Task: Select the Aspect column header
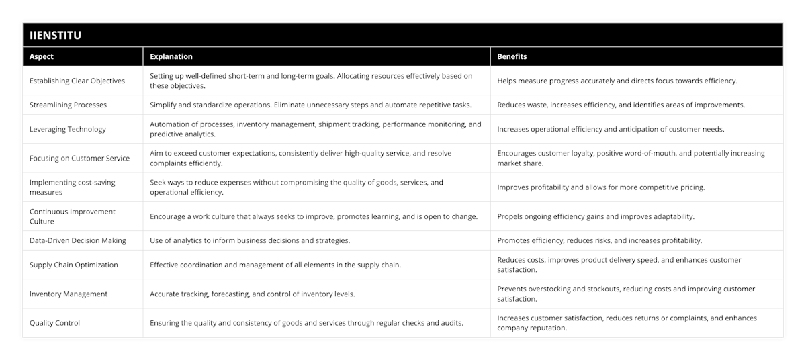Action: tap(42, 57)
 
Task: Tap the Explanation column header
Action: tap(171, 57)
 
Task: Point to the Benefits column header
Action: tap(512, 57)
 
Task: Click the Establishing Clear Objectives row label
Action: tap(77, 81)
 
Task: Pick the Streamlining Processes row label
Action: tap(68, 105)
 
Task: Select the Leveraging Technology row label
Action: tap(68, 129)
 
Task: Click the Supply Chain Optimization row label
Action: tap(74, 265)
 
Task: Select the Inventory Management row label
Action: tap(69, 294)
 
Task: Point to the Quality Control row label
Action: tap(54, 323)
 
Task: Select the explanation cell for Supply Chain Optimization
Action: tap(275, 265)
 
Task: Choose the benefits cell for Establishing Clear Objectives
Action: tap(617, 81)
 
